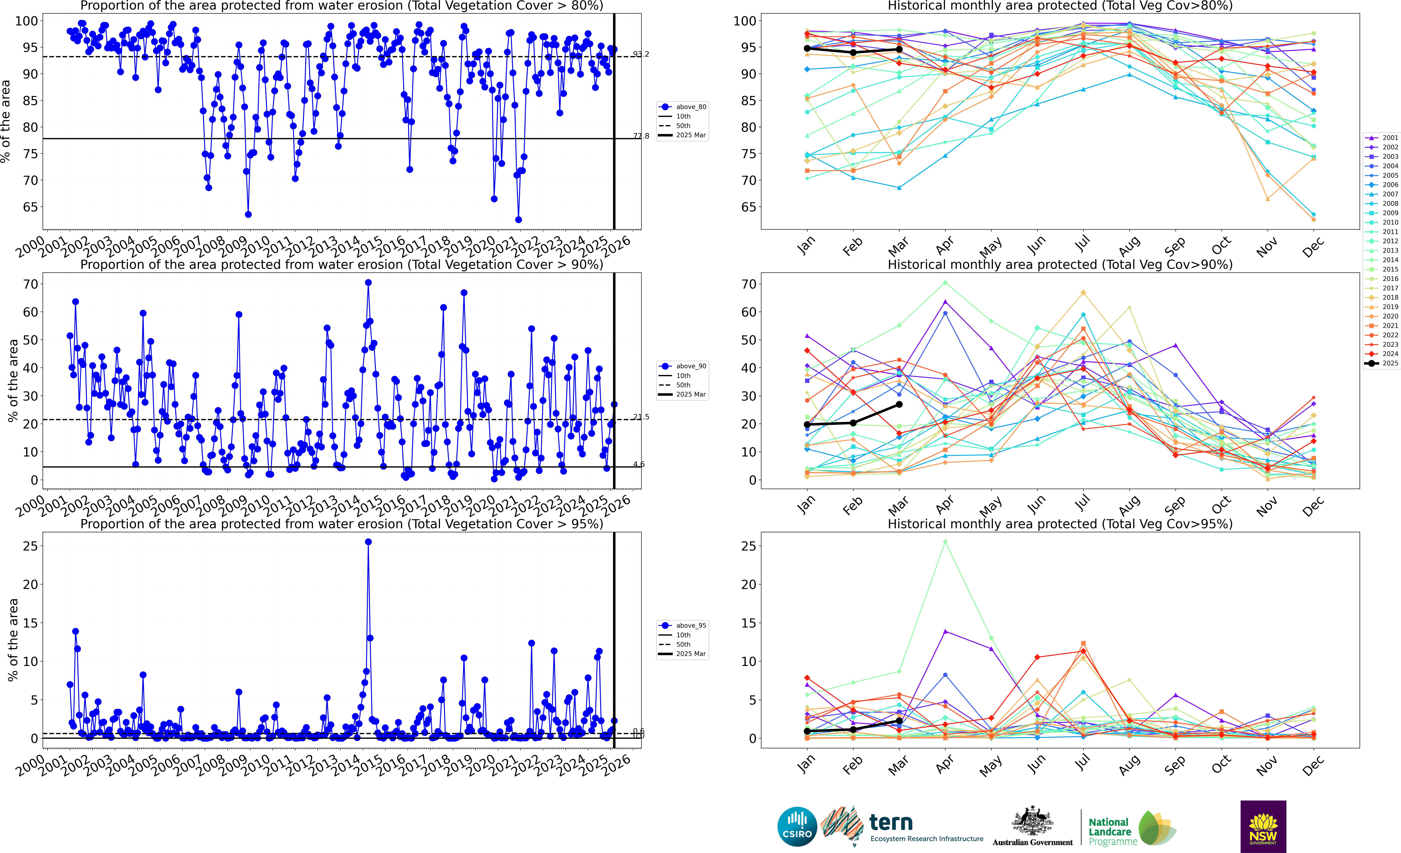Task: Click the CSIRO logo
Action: click(x=797, y=826)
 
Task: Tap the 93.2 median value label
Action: click(x=641, y=54)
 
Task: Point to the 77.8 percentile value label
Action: click(x=641, y=136)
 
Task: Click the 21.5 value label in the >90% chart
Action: click(x=641, y=417)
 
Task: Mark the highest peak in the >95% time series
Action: click(x=368, y=542)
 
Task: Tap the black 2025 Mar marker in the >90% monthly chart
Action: click(x=899, y=404)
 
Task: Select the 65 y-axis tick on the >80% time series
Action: click(x=30, y=207)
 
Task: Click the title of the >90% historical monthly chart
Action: click(x=1060, y=264)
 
